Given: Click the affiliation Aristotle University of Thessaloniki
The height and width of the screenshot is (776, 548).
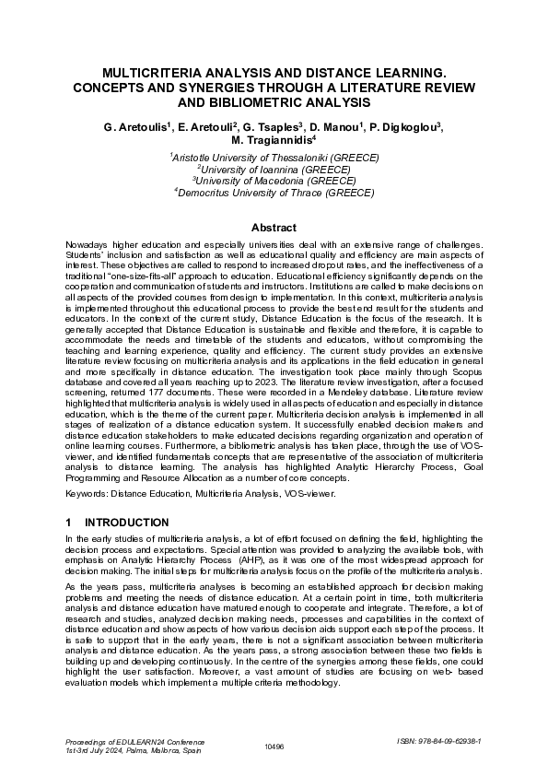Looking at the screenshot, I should pyautogui.click(x=274, y=159).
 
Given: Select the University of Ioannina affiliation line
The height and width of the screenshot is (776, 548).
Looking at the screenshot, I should pyautogui.click(x=274, y=170).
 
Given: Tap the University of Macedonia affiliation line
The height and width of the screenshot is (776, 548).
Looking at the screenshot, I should pyautogui.click(x=274, y=182).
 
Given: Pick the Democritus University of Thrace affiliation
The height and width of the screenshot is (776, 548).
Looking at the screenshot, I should pyautogui.click(x=274, y=193).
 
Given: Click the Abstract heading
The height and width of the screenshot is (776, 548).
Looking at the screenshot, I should pyautogui.click(x=274, y=228).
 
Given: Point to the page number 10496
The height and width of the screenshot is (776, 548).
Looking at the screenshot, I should pyautogui.click(x=274, y=746).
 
